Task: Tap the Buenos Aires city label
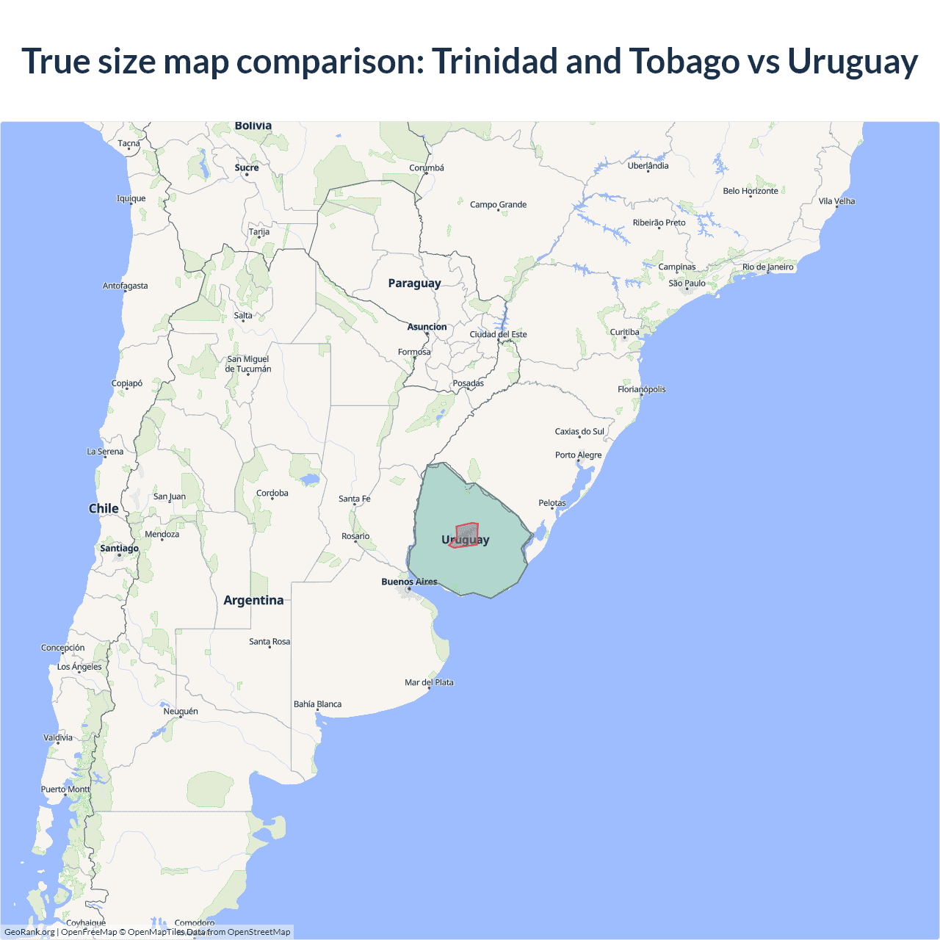pos(409,582)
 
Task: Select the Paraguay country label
pos(414,283)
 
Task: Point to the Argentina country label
pos(253,600)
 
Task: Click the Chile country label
pos(104,508)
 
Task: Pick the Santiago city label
pos(119,548)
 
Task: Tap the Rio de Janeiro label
pos(767,267)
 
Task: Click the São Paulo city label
pos(687,283)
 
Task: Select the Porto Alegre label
pos(578,455)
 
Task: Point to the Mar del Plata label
pos(429,682)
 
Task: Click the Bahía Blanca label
pos(317,704)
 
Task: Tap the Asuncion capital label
pos(427,327)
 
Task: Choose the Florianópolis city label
pos(641,389)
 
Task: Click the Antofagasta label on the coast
pos(125,286)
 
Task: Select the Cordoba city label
pos(272,493)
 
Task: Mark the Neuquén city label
pos(181,711)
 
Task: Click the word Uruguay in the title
pos(852,62)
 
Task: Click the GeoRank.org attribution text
pos(29,932)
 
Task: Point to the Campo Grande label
pos(498,204)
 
